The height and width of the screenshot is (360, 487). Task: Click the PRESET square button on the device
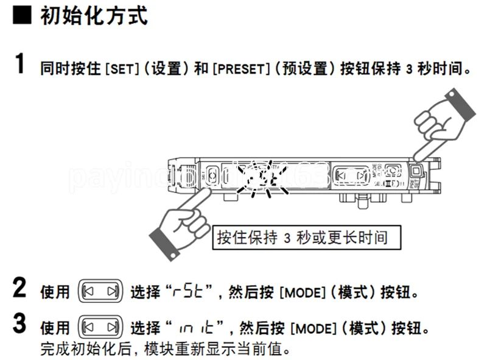click(x=418, y=172)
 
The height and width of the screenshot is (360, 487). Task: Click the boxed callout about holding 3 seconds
click(x=309, y=237)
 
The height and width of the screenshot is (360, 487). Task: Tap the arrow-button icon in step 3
click(x=102, y=328)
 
